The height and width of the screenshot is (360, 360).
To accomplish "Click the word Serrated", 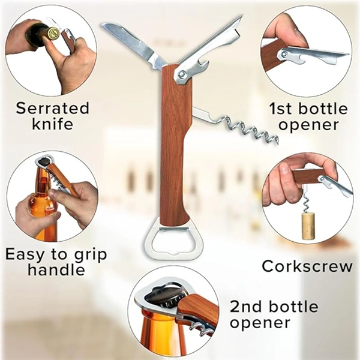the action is click(x=52, y=108).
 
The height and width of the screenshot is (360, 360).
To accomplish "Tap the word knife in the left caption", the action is click(x=53, y=124).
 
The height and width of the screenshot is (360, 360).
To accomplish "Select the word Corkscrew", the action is click(x=307, y=266).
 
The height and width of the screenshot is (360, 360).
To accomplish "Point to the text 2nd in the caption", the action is click(x=245, y=307).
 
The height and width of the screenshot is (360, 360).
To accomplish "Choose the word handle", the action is click(x=56, y=269).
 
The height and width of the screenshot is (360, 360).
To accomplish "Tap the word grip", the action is click(x=90, y=256).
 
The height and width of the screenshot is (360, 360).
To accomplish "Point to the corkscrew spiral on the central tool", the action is click(x=248, y=129).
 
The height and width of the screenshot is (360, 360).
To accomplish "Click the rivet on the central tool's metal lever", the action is click(x=182, y=74).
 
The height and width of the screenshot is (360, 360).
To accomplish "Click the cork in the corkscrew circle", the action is click(x=308, y=226).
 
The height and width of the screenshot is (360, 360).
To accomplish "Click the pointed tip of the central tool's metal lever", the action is click(x=242, y=15).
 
